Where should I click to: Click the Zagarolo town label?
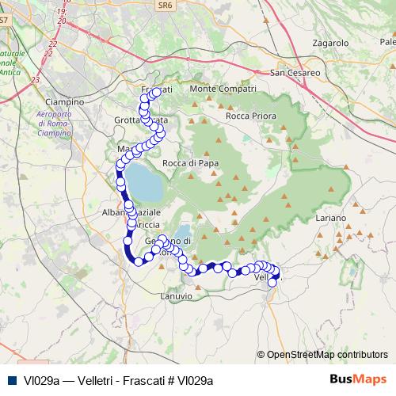(331, 42)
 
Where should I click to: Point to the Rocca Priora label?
(249, 116)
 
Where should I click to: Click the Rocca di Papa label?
(189, 163)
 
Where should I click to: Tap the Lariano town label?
(331, 217)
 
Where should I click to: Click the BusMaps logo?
(358, 379)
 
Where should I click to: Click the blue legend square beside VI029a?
(11, 380)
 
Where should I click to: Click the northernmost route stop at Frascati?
(156, 92)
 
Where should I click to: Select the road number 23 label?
(34, 80)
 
